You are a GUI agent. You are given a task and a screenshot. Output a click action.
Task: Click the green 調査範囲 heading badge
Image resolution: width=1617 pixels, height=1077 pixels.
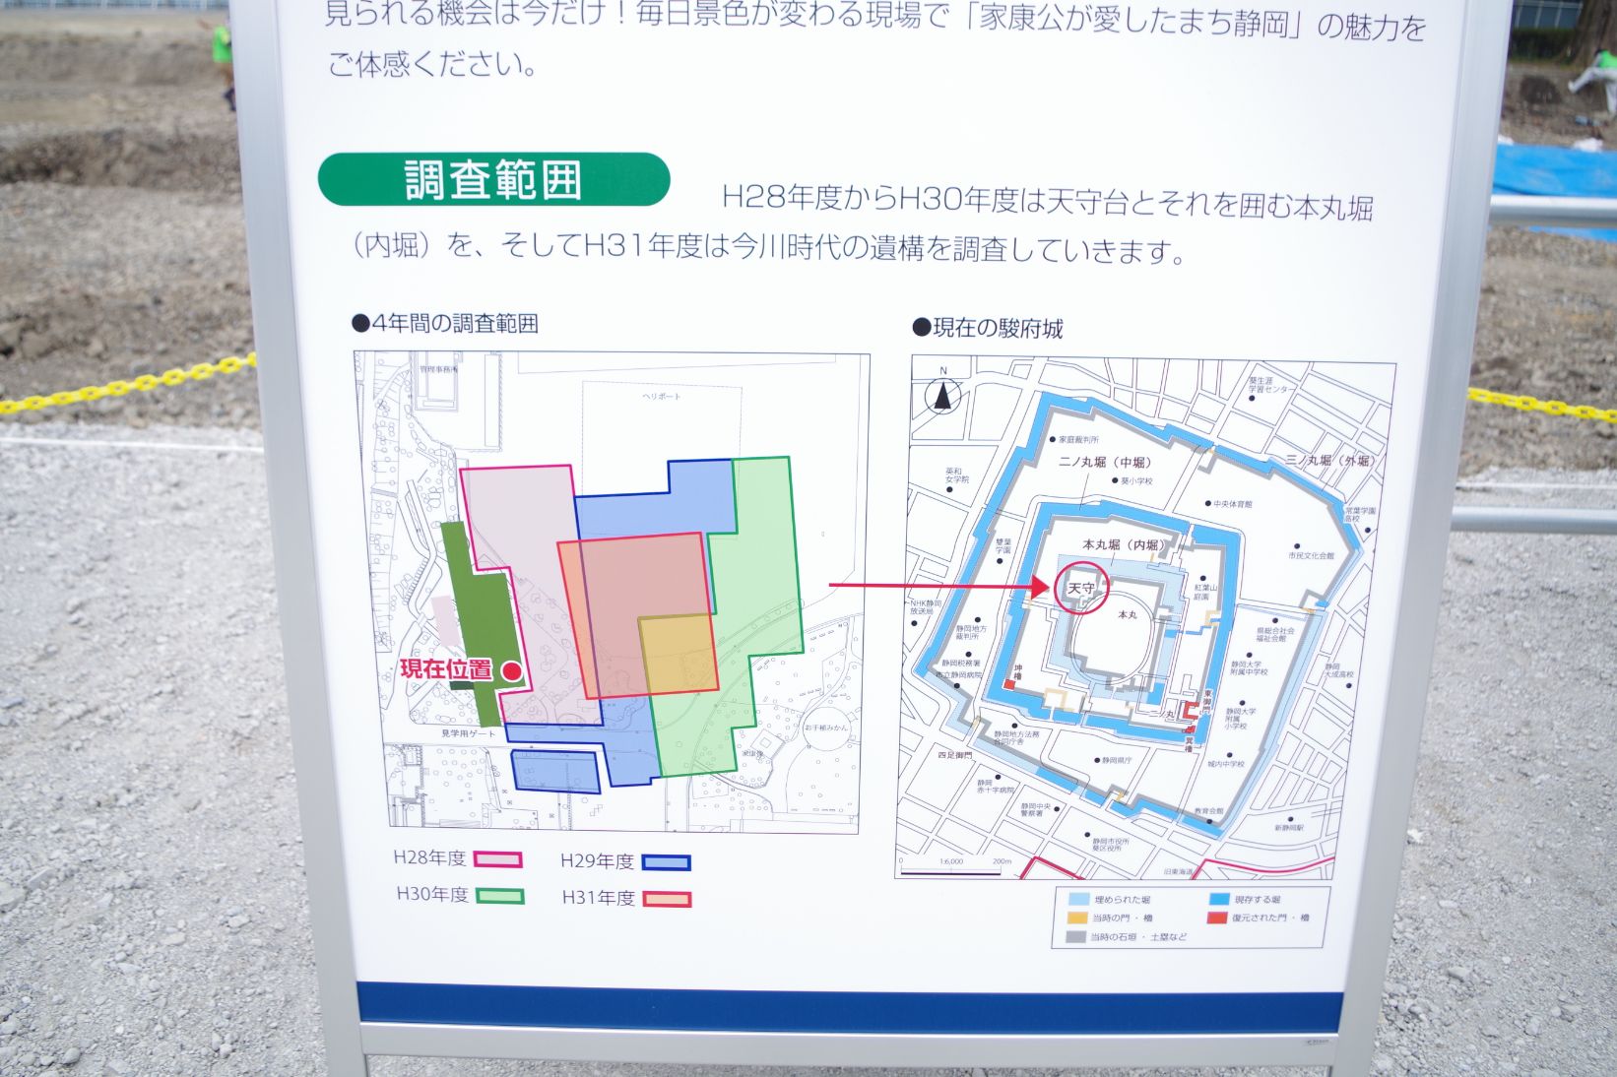click(493, 180)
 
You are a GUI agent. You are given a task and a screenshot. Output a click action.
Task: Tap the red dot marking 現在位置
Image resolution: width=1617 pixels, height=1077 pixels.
click(511, 670)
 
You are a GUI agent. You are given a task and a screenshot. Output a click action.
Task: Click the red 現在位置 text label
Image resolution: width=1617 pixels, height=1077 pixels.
click(446, 669)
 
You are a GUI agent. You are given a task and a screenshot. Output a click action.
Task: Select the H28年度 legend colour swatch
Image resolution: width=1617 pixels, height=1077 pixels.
click(497, 859)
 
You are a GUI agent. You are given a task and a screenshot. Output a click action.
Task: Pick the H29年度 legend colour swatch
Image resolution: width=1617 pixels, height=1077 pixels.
click(666, 863)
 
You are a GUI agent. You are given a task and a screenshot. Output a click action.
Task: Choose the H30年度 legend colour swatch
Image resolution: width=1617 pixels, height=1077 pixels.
click(499, 896)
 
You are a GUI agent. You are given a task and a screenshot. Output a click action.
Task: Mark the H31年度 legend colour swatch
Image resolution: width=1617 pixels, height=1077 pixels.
click(667, 899)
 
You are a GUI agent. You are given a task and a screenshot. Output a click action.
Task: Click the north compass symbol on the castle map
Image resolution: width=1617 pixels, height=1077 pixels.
click(943, 395)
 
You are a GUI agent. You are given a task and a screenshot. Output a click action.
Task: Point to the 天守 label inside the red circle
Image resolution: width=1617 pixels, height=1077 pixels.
click(1080, 589)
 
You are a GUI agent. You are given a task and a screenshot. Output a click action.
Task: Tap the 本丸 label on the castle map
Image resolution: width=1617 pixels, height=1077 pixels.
click(1128, 614)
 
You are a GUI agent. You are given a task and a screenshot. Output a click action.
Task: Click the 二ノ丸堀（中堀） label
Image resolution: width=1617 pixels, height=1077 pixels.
click(1104, 462)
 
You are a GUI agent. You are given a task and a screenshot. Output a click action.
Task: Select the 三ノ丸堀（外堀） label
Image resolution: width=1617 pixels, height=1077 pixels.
click(1330, 460)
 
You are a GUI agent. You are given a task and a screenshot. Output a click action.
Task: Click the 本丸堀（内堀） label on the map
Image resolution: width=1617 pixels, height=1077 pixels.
click(1123, 544)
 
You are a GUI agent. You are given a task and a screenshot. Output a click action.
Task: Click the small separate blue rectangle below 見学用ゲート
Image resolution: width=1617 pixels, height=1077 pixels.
click(555, 771)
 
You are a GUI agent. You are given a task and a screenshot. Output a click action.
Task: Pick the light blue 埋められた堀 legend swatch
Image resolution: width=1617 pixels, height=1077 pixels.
click(1079, 899)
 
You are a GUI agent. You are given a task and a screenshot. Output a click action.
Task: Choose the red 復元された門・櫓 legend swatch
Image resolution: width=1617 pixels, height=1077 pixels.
click(1218, 918)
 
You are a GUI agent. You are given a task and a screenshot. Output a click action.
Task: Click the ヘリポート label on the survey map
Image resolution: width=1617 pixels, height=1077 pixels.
click(661, 396)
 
